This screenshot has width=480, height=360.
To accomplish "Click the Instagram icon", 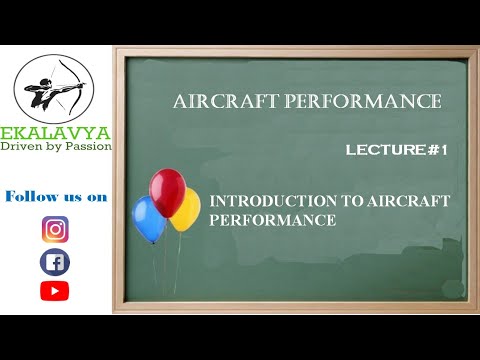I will click(x=55, y=229).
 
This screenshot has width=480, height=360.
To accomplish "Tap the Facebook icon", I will click(x=55, y=262).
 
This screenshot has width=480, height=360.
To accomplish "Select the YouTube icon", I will click(x=55, y=291).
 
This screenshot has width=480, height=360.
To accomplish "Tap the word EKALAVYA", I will click(x=56, y=132).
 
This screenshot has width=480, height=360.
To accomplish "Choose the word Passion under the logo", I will click(x=89, y=146).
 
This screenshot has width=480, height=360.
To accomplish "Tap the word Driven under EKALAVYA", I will click(x=23, y=146).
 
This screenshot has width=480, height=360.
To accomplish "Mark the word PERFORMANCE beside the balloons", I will click(x=272, y=220).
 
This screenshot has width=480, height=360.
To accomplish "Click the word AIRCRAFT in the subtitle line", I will click(x=407, y=201).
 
